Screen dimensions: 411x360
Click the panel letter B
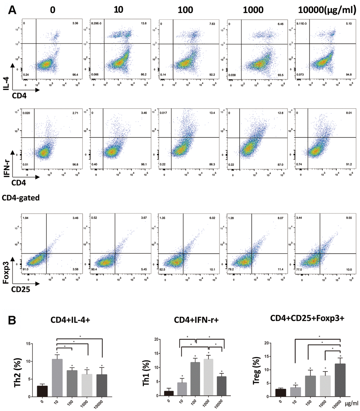[12, 321]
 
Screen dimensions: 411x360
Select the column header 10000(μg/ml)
[324, 11]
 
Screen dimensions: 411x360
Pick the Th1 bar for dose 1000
[209, 377]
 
